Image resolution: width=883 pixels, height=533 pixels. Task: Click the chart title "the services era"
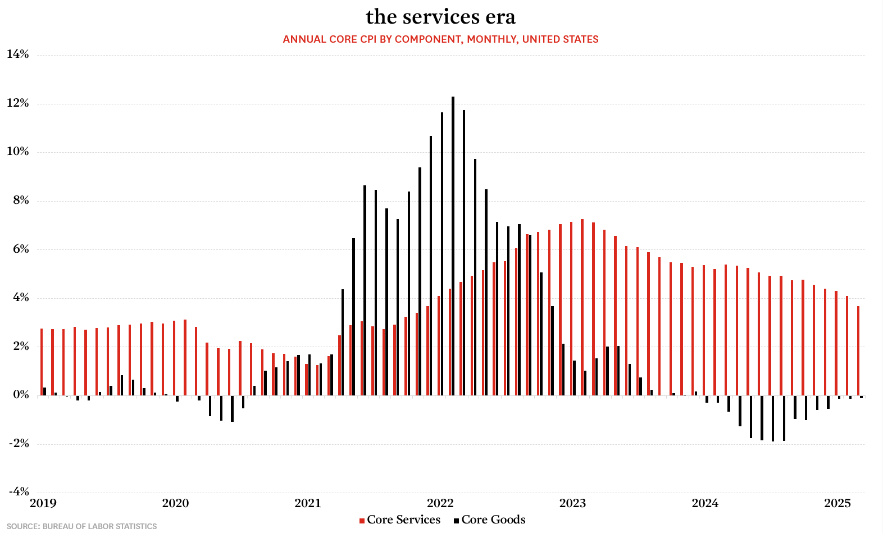point(441,17)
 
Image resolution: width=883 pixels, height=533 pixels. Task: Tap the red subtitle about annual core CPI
point(440,39)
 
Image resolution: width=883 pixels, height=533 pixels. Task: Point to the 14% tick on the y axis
point(18,54)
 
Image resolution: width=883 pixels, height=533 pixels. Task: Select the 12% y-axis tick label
point(18,103)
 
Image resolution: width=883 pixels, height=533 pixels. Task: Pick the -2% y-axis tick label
point(19,444)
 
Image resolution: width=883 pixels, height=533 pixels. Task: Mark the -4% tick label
point(19,492)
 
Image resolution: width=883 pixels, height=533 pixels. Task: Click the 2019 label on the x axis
point(43,503)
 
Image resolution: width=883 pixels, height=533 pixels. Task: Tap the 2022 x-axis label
point(440,503)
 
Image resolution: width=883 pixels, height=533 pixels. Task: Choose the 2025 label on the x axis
point(838,503)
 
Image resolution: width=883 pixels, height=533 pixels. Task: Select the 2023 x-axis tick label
point(572,503)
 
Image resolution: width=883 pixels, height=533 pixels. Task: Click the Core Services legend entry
point(400,520)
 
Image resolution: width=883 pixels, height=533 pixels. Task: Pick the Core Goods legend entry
point(490,520)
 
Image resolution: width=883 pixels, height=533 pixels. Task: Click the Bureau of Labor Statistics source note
point(82,526)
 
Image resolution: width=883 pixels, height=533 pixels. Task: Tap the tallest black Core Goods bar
point(453,246)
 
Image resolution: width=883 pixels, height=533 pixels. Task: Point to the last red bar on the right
point(858,350)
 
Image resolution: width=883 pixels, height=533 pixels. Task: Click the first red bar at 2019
point(42,362)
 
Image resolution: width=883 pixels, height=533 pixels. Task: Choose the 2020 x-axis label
point(175,503)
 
